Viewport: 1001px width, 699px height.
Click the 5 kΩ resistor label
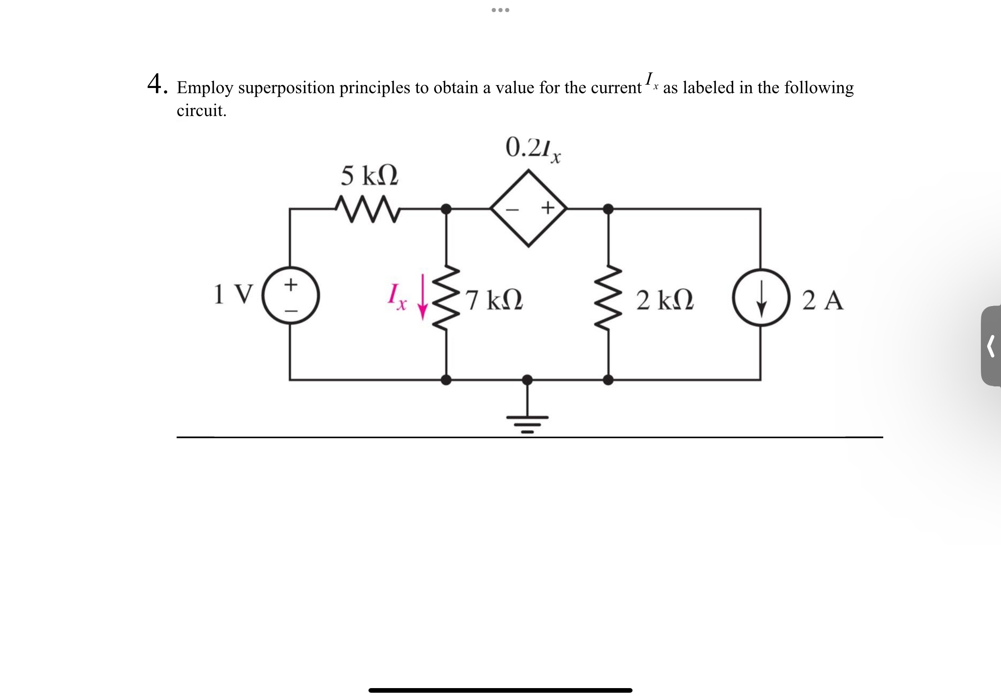coord(369,176)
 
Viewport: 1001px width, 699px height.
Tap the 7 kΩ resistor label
coord(493,300)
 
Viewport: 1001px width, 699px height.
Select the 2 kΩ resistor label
coord(664,300)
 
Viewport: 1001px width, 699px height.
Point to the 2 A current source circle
coord(761,298)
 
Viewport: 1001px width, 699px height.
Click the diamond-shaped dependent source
coord(529,208)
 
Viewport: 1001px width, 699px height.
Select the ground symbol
coord(527,421)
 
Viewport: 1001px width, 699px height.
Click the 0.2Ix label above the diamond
coord(532,149)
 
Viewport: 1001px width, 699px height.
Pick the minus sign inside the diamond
coord(512,209)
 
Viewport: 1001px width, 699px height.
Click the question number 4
coord(156,84)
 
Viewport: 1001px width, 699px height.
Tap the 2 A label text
coord(823,300)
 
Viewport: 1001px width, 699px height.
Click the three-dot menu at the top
coord(500,10)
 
